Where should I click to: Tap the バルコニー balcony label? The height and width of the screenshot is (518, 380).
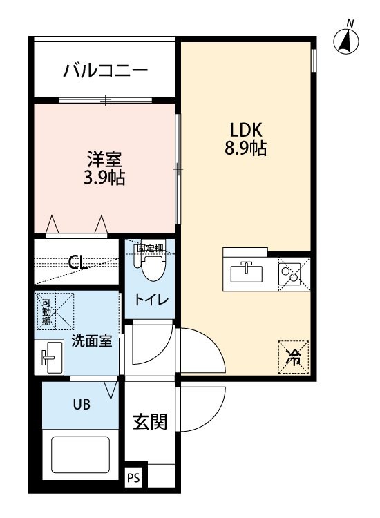coord(106,70)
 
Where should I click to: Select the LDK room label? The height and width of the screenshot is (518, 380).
coord(246,130)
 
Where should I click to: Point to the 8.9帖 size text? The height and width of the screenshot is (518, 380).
coord(245,148)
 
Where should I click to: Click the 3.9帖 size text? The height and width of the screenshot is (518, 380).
coord(105,178)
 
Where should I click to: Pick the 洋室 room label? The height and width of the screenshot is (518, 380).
coord(105,160)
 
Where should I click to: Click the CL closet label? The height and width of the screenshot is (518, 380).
coord(77,262)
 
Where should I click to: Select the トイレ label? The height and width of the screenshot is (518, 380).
coord(151,300)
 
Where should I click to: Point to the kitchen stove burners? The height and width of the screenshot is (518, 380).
coord(289,274)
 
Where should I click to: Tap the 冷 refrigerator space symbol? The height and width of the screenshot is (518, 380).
coord(294,357)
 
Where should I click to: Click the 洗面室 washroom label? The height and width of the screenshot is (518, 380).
coord(92,341)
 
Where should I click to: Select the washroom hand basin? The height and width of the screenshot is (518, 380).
coord(49,358)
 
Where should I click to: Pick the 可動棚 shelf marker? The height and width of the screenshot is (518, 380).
coord(46,311)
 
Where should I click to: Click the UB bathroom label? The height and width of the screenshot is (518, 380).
coord(82,404)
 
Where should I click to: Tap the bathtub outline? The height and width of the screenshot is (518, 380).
coord(80,456)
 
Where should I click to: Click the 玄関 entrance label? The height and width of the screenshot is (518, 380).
coord(150,422)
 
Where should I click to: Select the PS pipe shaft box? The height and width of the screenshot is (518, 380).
coord(134,478)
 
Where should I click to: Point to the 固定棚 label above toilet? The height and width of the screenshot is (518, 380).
coord(150,248)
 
